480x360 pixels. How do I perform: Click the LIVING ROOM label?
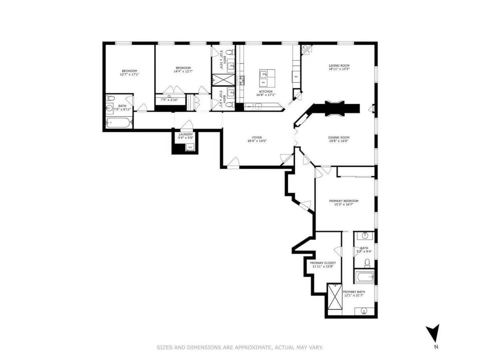click(x=339, y=66)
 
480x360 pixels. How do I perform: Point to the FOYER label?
click(x=257, y=137)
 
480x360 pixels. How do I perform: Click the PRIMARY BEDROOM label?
click(x=344, y=201)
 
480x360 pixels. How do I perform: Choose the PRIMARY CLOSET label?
click(x=323, y=263)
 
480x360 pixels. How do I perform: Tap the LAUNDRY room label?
click(x=186, y=134)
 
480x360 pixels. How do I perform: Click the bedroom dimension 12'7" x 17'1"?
click(x=129, y=74)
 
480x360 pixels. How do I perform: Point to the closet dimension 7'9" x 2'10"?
click(x=169, y=100)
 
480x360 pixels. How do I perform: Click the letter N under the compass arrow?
click(x=436, y=347)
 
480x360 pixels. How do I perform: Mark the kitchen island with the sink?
click(x=267, y=78)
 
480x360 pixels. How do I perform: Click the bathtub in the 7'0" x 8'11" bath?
click(x=118, y=123)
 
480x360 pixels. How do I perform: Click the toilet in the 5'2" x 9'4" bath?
click(x=367, y=263)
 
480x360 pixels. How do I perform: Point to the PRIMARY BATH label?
click(x=354, y=292)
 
